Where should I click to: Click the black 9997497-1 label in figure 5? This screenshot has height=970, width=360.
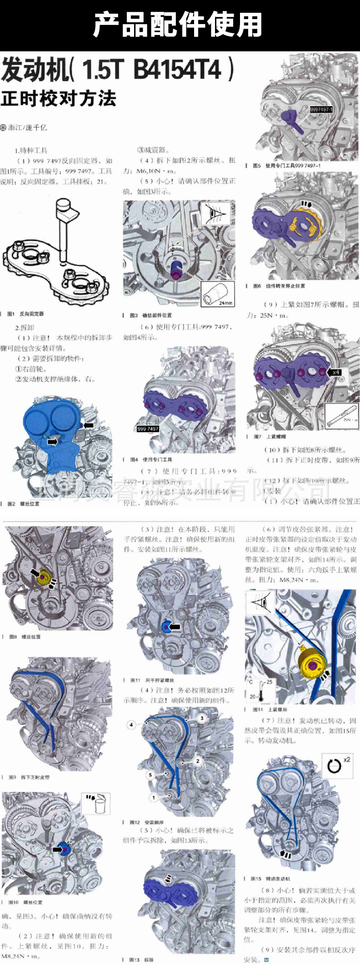tap(321, 109)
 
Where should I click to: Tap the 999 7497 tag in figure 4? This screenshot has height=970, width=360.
tap(148, 428)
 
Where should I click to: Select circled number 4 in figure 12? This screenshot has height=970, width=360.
tap(131, 724)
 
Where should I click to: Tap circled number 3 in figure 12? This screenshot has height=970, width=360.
tap(202, 718)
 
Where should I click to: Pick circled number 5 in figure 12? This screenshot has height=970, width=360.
tap(150, 775)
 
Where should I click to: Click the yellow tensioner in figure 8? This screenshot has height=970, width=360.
tap(44, 578)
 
